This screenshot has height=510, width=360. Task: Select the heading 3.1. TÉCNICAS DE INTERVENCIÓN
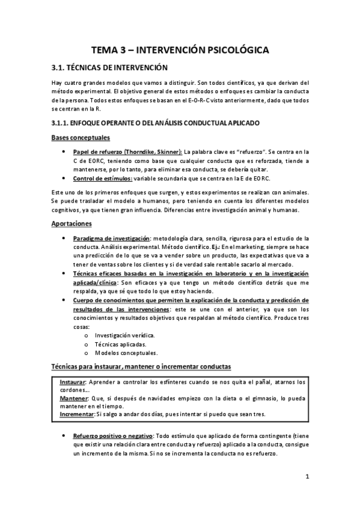[x=109, y=68]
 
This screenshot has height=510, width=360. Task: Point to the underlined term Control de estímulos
[x=102, y=178]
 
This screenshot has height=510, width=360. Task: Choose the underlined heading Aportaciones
[x=72, y=223]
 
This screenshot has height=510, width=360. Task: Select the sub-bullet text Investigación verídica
[x=125, y=334]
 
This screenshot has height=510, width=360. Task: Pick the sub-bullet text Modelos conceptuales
[x=126, y=352]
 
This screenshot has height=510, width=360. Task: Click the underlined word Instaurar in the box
[x=73, y=382]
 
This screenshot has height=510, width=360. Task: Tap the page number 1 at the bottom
[x=307, y=476]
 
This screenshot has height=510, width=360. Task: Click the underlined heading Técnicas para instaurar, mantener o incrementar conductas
[x=141, y=366]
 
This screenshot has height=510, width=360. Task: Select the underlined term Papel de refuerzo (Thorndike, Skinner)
[x=127, y=153]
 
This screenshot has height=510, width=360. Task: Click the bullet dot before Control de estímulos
[x=64, y=179]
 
